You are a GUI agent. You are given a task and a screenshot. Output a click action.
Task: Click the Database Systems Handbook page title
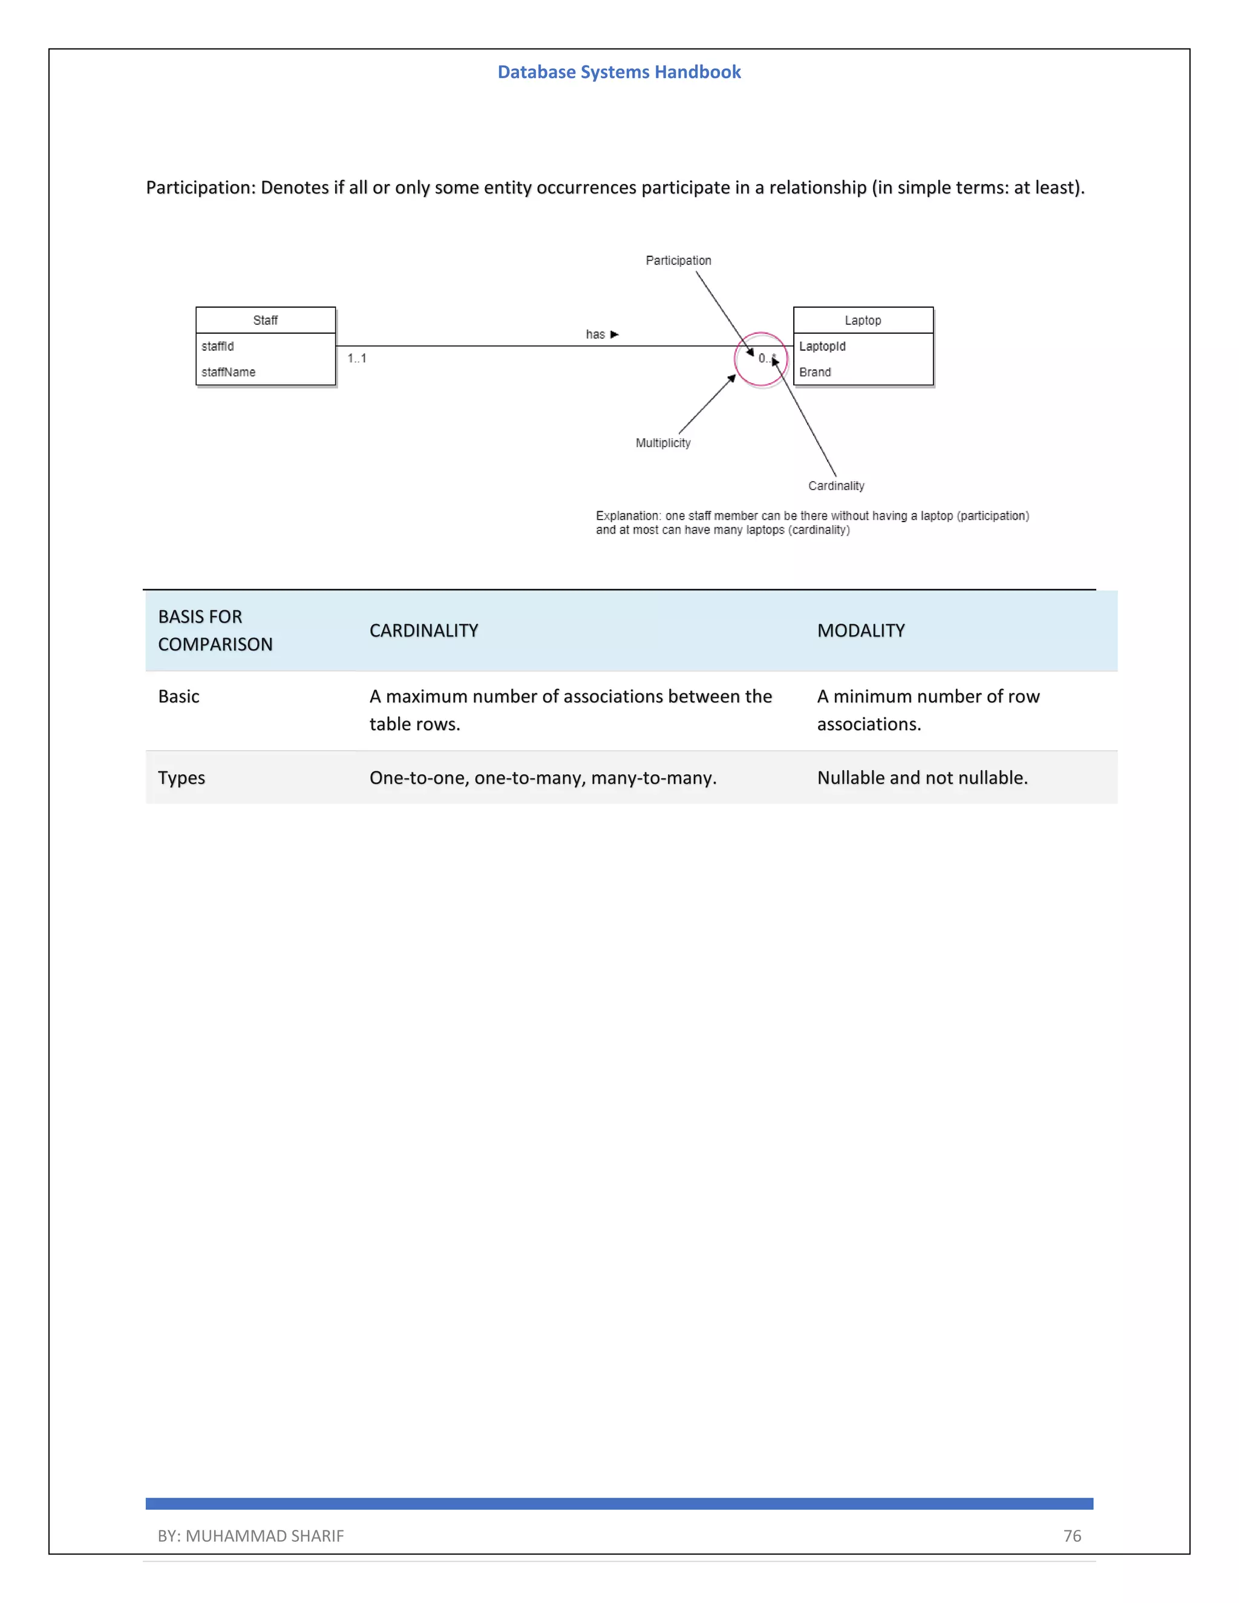(x=619, y=72)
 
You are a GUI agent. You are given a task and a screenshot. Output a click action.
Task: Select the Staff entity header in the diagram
(x=265, y=320)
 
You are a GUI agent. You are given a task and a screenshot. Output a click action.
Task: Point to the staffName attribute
(x=228, y=372)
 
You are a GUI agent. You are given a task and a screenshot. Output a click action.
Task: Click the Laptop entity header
(x=863, y=320)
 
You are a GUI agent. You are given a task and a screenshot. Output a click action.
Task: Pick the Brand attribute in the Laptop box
(x=815, y=372)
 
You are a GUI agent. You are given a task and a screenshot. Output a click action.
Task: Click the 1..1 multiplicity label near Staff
(x=357, y=358)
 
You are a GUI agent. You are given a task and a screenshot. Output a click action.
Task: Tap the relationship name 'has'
(x=595, y=335)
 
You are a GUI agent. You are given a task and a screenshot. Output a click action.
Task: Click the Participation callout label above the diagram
(x=678, y=261)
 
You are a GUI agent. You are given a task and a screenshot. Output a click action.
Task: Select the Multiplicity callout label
(x=663, y=443)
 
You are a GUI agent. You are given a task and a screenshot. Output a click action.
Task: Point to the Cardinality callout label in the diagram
(x=836, y=486)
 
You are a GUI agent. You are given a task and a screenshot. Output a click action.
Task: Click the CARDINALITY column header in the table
(x=423, y=630)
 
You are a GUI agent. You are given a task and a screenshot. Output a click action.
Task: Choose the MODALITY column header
(x=860, y=630)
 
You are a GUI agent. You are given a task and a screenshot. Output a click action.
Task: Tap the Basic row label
(x=178, y=696)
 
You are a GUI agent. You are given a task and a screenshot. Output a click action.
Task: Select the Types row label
(x=181, y=778)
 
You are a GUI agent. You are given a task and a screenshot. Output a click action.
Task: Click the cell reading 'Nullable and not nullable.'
(x=922, y=778)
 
